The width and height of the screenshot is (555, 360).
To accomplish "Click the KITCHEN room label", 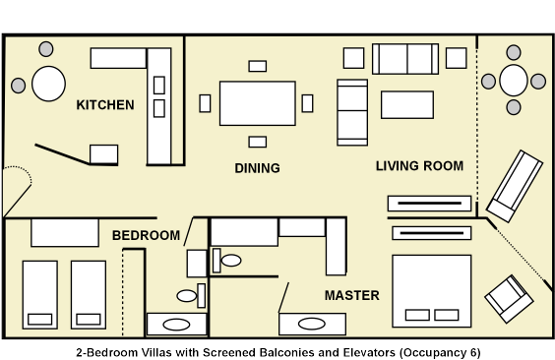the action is coord(105,105).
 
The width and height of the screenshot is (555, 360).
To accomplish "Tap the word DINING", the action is coord(257,168).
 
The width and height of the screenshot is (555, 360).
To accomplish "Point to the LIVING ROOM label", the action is coord(419,166).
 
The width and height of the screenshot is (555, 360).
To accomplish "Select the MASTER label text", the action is coord(352,295).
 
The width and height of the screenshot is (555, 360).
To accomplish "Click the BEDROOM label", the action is coord(147,235).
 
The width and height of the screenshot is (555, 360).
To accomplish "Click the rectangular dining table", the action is coord(257,103).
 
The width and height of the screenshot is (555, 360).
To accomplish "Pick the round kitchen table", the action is coord(48,84).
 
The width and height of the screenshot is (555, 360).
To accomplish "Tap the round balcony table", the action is coord(514,81).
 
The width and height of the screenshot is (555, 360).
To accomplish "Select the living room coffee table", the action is coord(407,104).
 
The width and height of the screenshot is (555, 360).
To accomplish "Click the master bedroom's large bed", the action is coord(431,291).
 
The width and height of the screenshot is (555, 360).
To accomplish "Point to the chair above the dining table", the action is coord(257,66).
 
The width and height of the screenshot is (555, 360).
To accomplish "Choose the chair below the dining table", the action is coord(257,142).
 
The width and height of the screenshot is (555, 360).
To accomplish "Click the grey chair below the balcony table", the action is coord(514,107).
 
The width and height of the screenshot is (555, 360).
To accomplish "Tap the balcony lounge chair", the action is coord(515,186).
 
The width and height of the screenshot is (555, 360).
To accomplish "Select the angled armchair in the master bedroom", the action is coord(509,299).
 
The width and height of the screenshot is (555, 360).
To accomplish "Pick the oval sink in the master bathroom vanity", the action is coord(312,324).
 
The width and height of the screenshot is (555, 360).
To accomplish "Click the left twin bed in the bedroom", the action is coord(40,295).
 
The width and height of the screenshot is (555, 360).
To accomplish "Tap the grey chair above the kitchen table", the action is coord(46,49).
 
